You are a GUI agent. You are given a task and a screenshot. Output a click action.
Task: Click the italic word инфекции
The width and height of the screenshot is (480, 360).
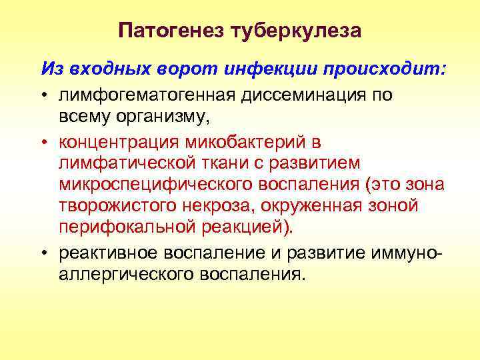point(257,69)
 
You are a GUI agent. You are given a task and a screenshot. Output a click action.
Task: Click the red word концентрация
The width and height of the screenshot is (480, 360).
point(119,142)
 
